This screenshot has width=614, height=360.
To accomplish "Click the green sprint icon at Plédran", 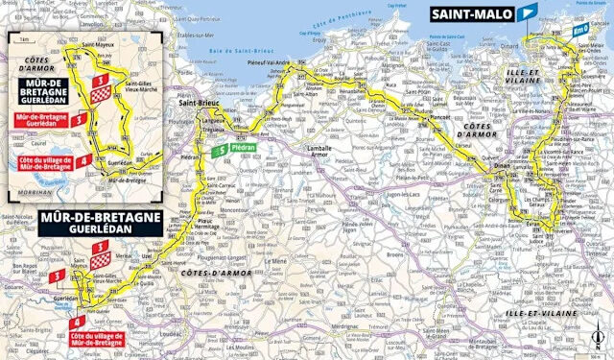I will [x=223, y=150].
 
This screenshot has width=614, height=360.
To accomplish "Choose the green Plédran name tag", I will [x=244, y=150].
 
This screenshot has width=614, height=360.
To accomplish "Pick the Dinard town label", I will [x=525, y=44].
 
